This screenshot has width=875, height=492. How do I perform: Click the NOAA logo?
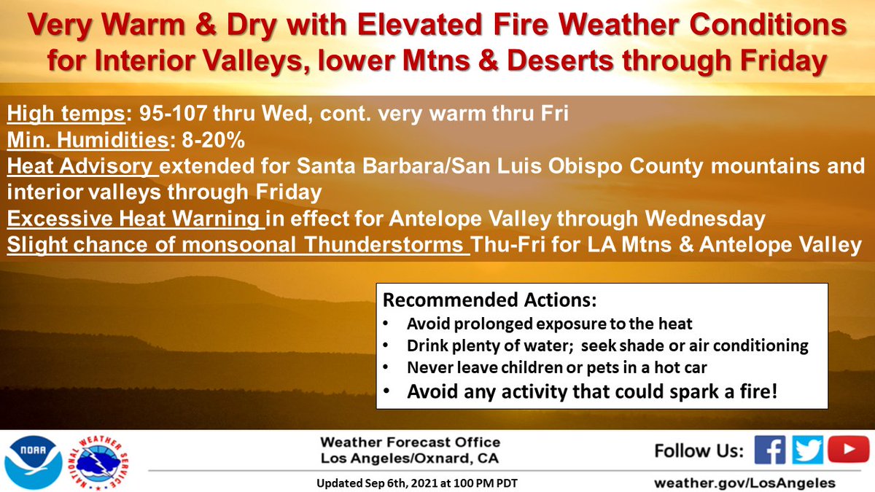(34, 463)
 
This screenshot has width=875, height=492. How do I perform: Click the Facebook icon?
(770, 450)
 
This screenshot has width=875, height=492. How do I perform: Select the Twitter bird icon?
(807, 450)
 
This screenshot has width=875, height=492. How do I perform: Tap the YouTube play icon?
(848, 449)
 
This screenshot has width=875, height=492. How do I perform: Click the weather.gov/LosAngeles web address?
(744, 483)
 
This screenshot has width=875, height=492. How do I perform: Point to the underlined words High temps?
(66, 114)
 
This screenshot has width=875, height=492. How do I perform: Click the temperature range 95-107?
(173, 113)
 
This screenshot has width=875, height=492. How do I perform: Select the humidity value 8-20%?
(213, 140)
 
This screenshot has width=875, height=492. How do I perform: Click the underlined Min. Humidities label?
(88, 140)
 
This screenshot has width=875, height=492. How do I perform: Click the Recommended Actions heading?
(490, 300)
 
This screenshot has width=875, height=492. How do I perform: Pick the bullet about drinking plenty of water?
(607, 345)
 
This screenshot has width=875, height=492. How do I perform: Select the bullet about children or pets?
(556, 367)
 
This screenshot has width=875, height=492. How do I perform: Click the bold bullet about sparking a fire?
(592, 391)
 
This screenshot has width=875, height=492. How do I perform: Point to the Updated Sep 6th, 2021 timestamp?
(417, 483)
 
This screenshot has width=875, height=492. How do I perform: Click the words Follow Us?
(699, 450)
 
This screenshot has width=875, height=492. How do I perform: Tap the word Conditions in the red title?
(768, 25)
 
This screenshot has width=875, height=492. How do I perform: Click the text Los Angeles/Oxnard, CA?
(410, 458)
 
